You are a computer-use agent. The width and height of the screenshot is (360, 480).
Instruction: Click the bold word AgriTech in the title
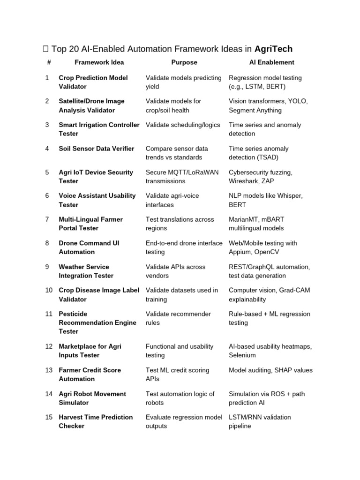[273, 49]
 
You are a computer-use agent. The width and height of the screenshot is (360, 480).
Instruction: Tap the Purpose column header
[184, 62]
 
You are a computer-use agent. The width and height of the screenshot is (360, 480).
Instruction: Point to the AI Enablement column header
[271, 62]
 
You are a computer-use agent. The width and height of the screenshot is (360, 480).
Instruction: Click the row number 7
[47, 219]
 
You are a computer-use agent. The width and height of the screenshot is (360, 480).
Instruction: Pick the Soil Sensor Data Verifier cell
[96, 149]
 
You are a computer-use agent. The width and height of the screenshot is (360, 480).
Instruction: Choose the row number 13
[49, 370]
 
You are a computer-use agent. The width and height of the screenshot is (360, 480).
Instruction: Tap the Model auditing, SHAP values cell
[270, 370]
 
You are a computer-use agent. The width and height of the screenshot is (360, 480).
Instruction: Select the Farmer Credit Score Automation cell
[90, 375]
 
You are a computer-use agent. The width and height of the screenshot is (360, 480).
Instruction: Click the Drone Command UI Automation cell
[89, 247]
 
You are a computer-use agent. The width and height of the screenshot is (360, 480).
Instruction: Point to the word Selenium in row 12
[242, 355]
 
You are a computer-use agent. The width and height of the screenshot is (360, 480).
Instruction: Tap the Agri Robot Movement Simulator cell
[92, 398]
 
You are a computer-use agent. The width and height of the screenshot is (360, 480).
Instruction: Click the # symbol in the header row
[49, 62]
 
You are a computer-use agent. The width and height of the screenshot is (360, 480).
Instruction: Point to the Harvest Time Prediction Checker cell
[95, 422]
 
